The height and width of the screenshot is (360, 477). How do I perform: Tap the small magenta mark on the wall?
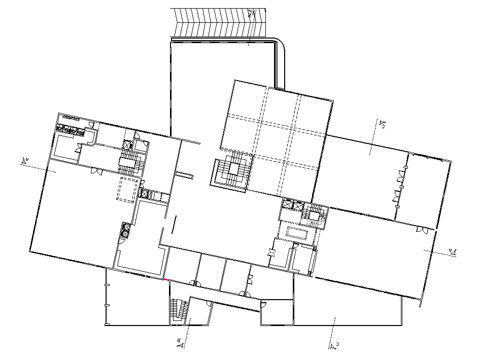click(x=166, y=279)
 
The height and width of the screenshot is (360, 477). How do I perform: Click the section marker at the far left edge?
click(x=24, y=162)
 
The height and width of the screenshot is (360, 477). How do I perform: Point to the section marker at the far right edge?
click(x=453, y=251)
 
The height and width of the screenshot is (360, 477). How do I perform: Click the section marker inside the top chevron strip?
click(x=252, y=14)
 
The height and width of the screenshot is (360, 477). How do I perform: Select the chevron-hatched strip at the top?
click(x=218, y=23)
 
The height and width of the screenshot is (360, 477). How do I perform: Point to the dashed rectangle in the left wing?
click(x=128, y=189)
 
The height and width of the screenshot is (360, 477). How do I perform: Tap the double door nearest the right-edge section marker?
click(x=421, y=230)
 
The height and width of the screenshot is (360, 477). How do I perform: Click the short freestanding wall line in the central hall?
click(x=174, y=224)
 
